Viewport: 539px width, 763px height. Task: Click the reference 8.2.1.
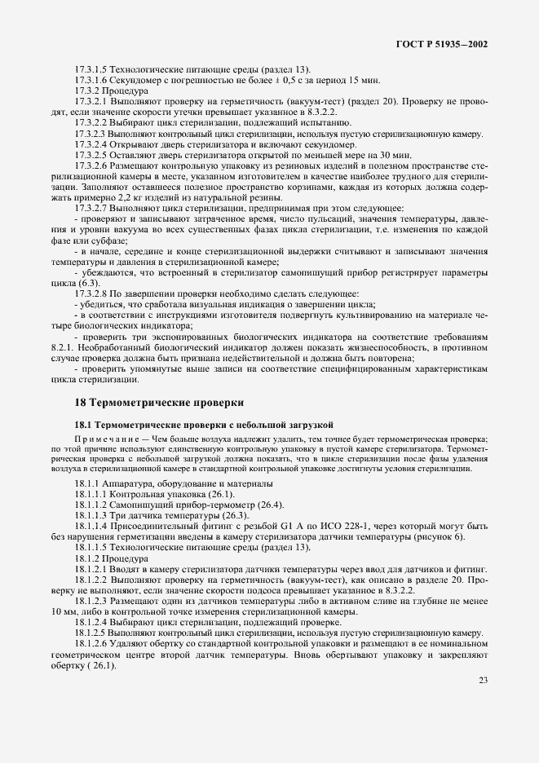tap(62, 346)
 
